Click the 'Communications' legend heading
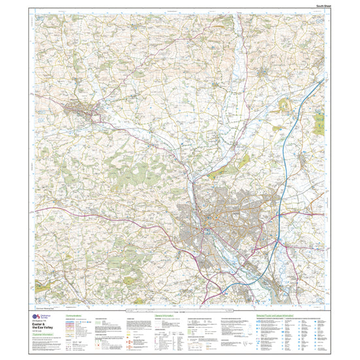tap(77, 315)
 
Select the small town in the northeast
tap(265, 68)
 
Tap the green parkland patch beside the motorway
tap(286, 105)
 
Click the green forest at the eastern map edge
tap(320, 122)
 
